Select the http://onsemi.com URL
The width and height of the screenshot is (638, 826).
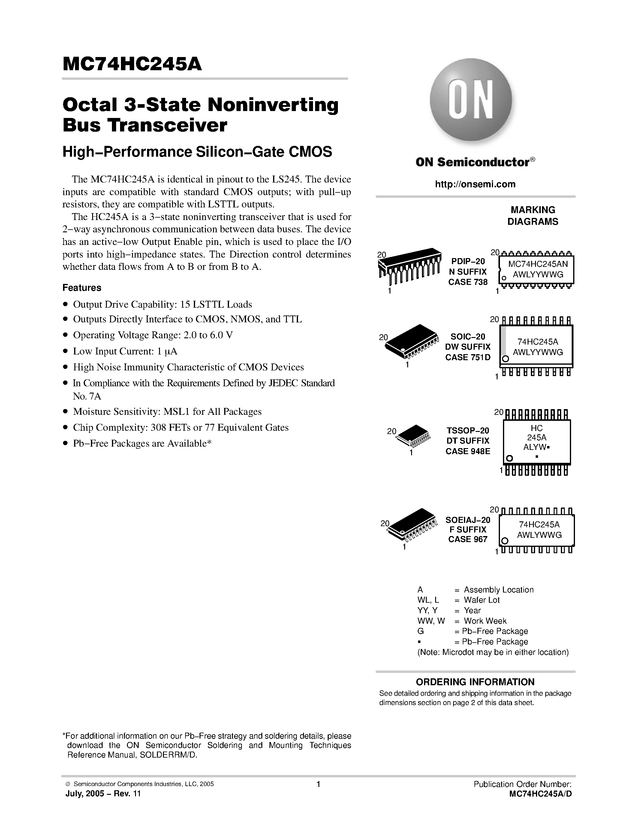475,184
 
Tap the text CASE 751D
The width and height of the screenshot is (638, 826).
468,357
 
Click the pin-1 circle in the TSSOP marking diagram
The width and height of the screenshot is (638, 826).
510,458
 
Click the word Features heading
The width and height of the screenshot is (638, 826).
82,288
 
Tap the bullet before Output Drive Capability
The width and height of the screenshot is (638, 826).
66,304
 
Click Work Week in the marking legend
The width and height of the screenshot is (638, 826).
485,621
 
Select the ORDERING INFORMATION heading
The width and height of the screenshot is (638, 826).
475,682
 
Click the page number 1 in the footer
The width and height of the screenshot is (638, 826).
318,784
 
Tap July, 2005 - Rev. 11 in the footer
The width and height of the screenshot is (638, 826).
103,794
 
